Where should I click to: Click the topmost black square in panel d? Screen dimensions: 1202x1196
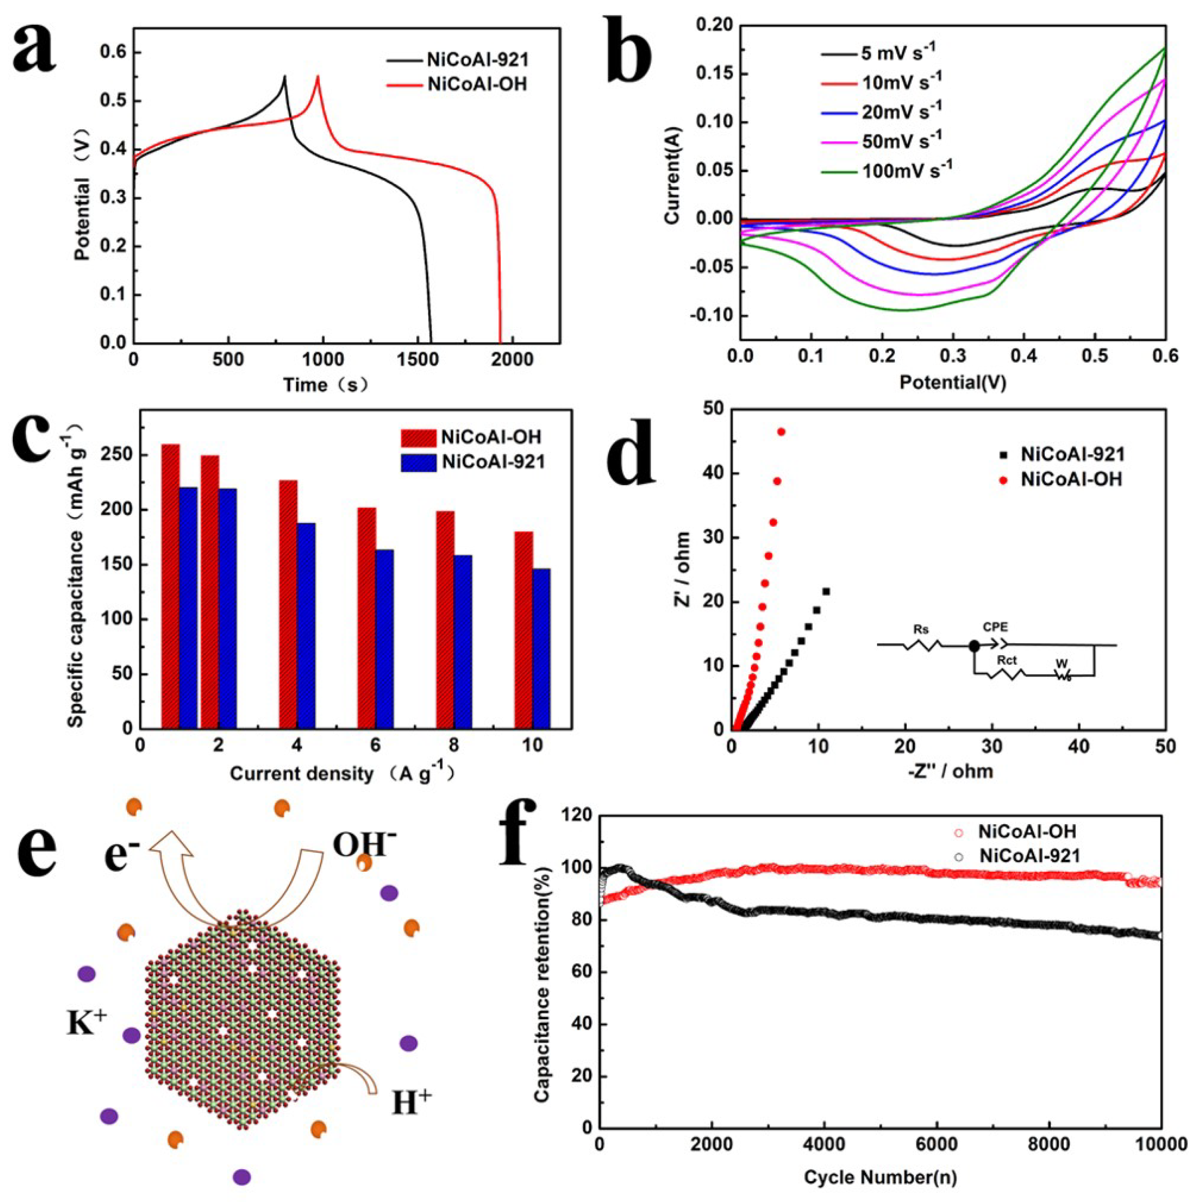click(x=826, y=592)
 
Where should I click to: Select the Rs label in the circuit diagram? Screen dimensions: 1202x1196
click(x=922, y=629)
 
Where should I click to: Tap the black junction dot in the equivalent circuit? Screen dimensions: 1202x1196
click(x=974, y=646)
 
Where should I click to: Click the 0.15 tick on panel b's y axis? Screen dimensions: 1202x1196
click(x=714, y=74)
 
